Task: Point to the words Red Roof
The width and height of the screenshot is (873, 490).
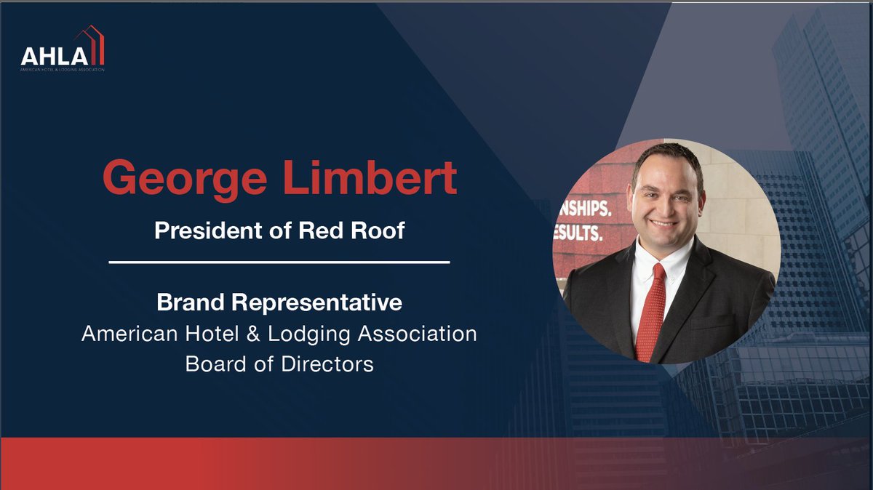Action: pyautogui.click(x=362, y=230)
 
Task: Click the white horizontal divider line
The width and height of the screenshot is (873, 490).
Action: pyautogui.click(x=279, y=261)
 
